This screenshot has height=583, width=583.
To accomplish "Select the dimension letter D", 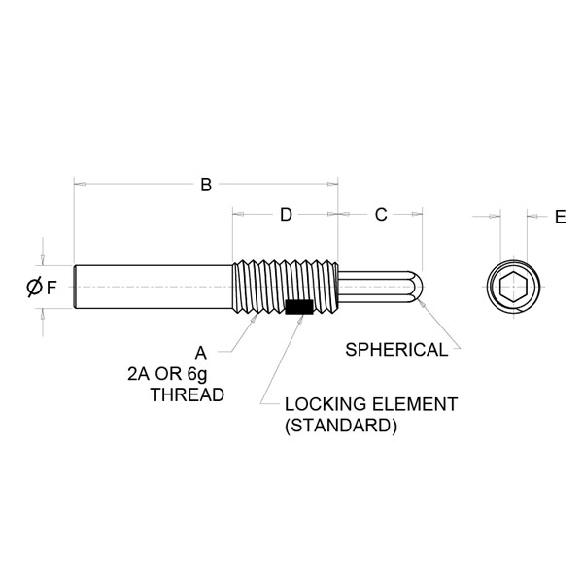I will (x=286, y=215).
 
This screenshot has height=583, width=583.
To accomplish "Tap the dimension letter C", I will (x=381, y=215).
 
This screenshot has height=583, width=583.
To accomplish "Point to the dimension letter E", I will (x=560, y=218).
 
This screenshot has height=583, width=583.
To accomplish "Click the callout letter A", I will (x=201, y=351).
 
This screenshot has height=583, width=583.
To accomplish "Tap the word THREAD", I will (x=189, y=395).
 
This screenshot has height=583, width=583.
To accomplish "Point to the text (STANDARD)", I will (x=340, y=427).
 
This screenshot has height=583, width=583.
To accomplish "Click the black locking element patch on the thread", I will (x=298, y=308).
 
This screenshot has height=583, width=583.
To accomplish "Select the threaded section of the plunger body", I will (x=287, y=286).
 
